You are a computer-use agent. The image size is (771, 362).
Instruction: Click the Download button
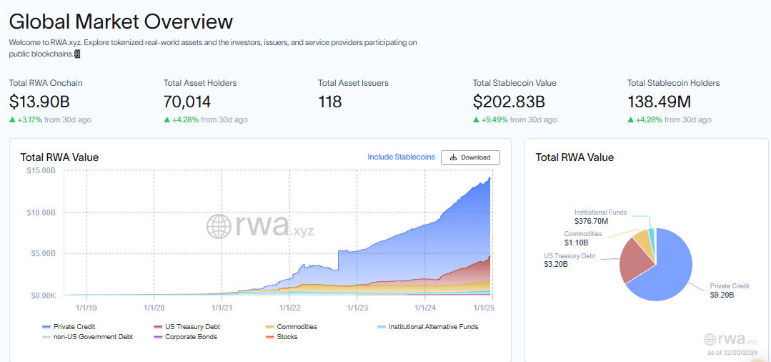point(470,157)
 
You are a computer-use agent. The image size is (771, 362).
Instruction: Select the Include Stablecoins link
point(401,157)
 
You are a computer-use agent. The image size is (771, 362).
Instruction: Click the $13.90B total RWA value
point(39,102)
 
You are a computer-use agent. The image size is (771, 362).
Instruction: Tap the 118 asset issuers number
point(330,102)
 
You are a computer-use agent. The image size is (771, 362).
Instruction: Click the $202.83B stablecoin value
point(509,102)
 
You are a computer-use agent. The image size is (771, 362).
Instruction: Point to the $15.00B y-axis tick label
point(41,171)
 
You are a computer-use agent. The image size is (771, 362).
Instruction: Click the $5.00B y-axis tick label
point(42,253)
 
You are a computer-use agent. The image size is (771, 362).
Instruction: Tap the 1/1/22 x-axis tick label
point(290,308)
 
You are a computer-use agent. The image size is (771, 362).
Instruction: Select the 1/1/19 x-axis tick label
point(86,308)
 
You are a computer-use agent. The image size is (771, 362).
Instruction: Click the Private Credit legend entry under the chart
point(75,327)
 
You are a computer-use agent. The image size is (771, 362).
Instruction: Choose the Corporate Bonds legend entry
point(190,336)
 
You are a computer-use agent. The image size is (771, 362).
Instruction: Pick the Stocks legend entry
point(287,336)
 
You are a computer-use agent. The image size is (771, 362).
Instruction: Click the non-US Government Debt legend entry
point(91,336)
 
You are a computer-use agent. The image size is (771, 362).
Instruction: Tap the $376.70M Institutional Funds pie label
point(591,222)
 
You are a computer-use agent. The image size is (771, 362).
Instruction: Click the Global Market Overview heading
point(121,21)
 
